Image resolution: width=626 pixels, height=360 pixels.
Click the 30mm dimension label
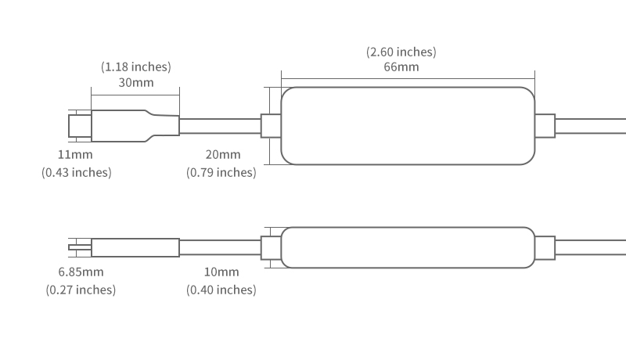pos(135,82)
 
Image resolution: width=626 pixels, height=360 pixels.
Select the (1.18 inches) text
pos(135,67)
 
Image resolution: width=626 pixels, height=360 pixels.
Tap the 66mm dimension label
pos(401,67)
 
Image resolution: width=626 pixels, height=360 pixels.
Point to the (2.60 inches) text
pos(401,52)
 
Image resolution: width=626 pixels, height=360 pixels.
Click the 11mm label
pos(75,155)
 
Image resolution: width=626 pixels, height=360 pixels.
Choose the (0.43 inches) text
pos(77,172)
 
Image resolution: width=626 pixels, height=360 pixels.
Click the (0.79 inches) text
pos(221,172)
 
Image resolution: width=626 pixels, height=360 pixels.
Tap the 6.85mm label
pos(81,272)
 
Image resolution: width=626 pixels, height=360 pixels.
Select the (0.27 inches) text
pos(81,290)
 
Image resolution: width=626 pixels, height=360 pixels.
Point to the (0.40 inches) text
pos(221,290)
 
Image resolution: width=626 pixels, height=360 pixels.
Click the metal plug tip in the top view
pos(79,126)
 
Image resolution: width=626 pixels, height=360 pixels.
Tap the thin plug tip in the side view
pos(80,247)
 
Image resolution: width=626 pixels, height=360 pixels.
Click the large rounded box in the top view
pos(408,126)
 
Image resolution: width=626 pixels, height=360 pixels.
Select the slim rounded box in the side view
pos(408,247)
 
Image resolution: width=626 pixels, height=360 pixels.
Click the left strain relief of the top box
pos(271,126)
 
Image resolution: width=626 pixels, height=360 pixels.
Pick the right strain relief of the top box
pos(545,126)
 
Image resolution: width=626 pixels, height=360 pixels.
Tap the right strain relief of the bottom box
pos(545,247)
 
